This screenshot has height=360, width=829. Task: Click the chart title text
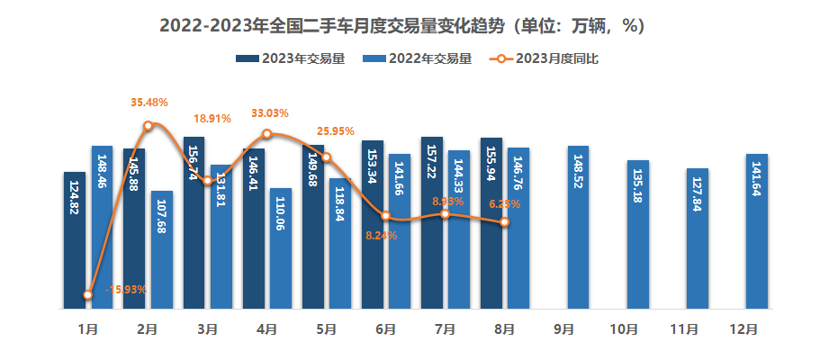(x=414, y=26)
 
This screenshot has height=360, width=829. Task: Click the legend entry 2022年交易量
(x=420, y=59)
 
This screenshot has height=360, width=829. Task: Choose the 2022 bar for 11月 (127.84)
(x=697, y=238)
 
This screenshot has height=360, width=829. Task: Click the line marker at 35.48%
(x=149, y=126)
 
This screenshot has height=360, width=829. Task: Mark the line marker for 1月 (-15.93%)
(x=88, y=294)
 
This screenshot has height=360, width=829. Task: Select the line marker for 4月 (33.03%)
(x=267, y=134)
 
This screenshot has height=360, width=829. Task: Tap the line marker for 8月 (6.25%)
(x=504, y=222)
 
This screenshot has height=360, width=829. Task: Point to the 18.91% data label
(x=212, y=118)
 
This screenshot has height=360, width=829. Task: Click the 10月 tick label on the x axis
(x=624, y=330)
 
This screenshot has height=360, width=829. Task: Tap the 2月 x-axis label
(x=148, y=330)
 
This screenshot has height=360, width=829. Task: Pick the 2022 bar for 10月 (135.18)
(x=637, y=234)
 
